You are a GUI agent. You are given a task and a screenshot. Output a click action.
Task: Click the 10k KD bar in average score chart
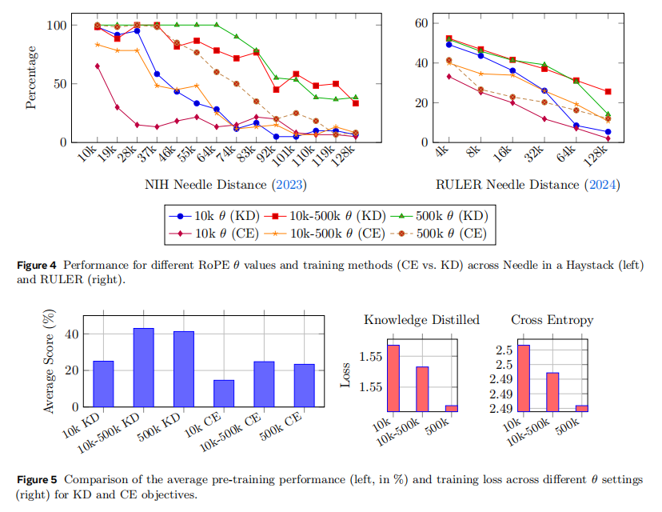coord(103,385)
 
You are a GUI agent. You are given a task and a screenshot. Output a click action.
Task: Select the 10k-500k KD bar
coord(143,368)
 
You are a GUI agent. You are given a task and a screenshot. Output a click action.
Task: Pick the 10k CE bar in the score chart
coord(224,394)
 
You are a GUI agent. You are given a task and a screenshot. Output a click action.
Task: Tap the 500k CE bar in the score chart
coord(304,386)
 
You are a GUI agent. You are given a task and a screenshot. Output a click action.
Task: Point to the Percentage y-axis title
coord(31,78)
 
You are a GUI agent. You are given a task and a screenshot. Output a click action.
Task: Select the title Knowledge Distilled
coord(421,319)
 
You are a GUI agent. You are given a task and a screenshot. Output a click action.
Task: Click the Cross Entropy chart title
coord(552,319)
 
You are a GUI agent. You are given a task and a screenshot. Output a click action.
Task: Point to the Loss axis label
coord(345,377)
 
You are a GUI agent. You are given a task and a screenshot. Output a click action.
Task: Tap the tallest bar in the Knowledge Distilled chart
coord(393,378)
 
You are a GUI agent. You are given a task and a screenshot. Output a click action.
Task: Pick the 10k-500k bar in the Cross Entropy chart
coord(552,391)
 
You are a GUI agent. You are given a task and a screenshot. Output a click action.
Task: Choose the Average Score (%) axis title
coord(50,362)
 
